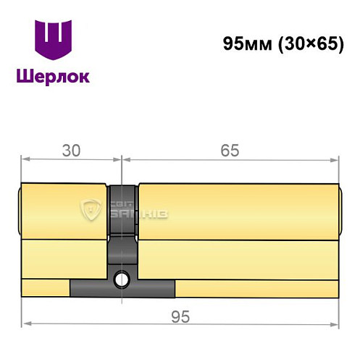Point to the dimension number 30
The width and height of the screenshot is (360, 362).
tap(70, 151)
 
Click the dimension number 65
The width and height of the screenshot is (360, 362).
tap(230, 151)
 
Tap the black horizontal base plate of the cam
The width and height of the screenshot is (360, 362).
tap(122, 288)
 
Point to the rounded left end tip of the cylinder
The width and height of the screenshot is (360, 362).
tap(20, 211)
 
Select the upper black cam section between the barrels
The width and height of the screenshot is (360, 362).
tap(122, 210)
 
